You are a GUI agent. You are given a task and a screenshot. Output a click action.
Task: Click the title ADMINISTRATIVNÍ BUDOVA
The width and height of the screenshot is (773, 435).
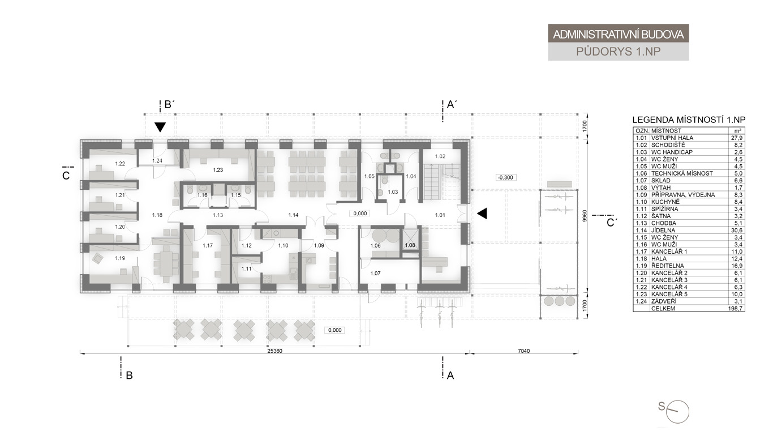click(618, 35)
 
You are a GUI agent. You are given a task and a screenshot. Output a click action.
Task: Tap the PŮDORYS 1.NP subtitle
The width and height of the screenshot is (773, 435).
click(618, 52)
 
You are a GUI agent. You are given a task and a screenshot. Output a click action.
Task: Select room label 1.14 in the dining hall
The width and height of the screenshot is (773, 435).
click(293, 215)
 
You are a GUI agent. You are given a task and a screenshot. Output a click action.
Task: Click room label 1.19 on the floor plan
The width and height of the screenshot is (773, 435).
click(120, 258)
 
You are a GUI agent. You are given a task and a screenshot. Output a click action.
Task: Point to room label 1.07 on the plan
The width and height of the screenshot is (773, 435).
click(375, 274)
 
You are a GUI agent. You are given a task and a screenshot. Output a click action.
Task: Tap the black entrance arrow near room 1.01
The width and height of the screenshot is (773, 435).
click(482, 214)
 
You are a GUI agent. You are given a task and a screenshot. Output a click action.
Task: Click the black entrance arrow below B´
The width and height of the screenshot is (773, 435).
click(160, 127)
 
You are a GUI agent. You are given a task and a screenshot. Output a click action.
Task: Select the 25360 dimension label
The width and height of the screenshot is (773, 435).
click(274, 351)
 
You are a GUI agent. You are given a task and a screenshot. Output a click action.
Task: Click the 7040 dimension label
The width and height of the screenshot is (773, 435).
click(524, 351)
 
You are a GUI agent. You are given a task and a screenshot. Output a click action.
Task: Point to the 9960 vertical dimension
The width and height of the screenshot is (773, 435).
click(584, 216)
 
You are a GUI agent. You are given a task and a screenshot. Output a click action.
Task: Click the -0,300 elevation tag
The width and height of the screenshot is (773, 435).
click(506, 178)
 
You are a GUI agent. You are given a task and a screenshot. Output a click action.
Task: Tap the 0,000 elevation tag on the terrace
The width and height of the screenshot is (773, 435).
click(335, 330)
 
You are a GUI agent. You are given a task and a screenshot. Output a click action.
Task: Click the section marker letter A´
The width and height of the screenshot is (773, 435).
click(452, 104)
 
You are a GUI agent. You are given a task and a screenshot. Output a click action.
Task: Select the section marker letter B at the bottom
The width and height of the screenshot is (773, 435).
click(130, 376)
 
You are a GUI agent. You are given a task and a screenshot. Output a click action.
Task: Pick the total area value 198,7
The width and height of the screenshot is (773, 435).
click(736, 309)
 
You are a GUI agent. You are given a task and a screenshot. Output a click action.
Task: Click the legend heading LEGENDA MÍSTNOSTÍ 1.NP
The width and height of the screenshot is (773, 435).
click(689, 120)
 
